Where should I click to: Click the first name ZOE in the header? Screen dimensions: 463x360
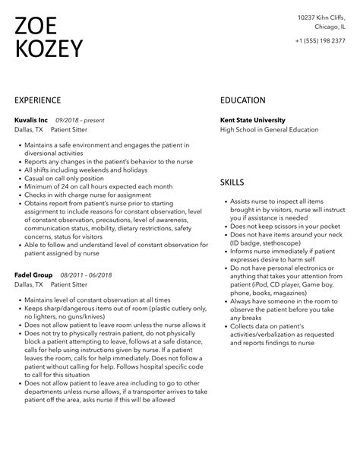tap(38, 27)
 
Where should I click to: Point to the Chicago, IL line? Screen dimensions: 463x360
tap(329, 26)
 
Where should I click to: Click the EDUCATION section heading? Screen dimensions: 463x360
tap(243, 100)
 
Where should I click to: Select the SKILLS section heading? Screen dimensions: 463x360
tap(232, 183)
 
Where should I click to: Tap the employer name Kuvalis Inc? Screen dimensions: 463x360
tap(31, 120)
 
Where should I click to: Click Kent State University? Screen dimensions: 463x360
tap(253, 120)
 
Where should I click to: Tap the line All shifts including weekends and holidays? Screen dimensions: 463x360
tap(90, 170)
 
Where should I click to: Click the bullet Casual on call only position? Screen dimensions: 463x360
tap(65, 178)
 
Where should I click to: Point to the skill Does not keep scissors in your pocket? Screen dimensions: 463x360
tap(283, 226)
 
